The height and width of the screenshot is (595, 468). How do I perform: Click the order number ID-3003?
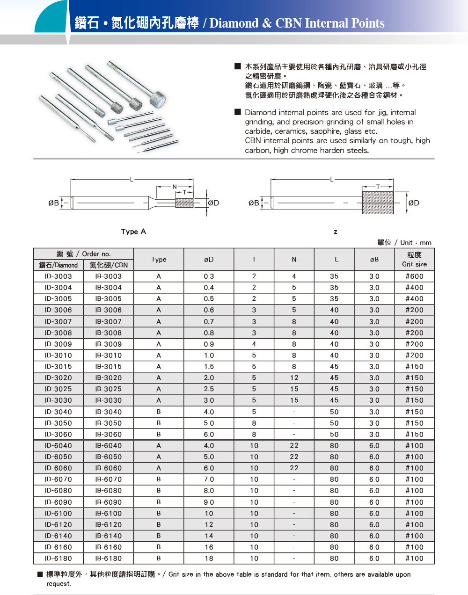coord(58,276)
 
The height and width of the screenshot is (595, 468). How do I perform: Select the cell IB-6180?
coord(108,559)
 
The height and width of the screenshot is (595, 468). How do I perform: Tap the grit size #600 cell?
coord(414,276)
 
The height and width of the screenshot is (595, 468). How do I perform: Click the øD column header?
coord(209,260)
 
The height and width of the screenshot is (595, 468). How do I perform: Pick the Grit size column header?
coord(414,260)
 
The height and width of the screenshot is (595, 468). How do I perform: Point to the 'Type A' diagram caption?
coord(133,232)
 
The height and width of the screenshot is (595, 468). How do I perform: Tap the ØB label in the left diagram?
coord(54,203)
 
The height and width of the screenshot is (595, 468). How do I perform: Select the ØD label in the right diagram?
coord(414,203)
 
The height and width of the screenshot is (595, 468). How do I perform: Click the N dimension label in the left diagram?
coord(175,187)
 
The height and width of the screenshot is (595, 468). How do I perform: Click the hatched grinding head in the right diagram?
coord(378,203)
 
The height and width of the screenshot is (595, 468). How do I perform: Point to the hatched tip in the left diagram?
coord(184,203)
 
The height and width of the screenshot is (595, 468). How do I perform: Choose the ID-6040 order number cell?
coord(58,446)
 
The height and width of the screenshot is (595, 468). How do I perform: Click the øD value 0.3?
coord(209,276)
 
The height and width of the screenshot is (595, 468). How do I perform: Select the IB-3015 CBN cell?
coord(108,367)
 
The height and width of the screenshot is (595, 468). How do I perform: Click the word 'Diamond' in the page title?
coord(234,23)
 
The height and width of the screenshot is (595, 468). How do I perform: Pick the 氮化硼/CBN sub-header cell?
coord(108,265)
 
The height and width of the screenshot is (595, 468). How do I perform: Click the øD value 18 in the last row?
coord(209,559)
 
